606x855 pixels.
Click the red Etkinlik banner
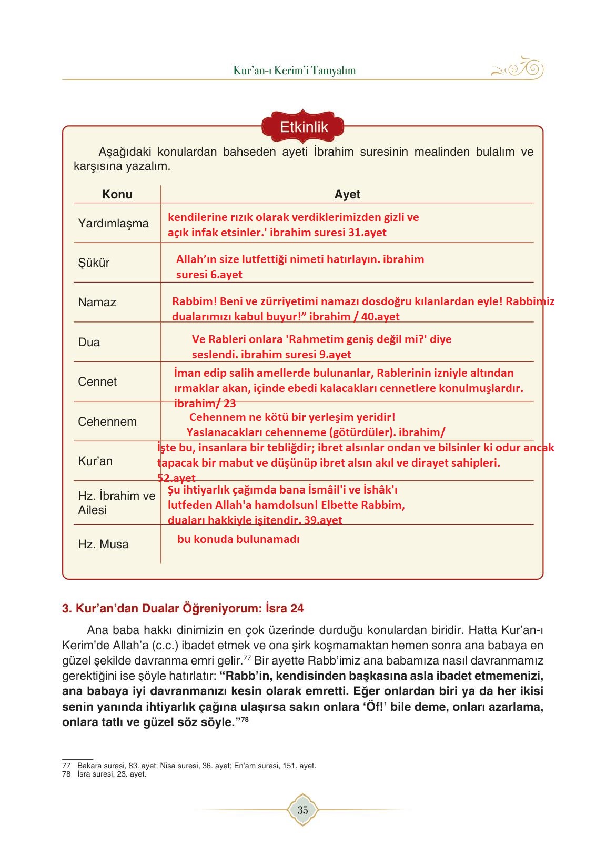(304, 127)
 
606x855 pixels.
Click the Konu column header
(117, 194)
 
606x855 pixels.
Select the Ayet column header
(347, 194)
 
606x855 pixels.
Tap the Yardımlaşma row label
(113, 223)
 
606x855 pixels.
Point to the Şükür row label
(94, 263)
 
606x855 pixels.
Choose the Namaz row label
(97, 302)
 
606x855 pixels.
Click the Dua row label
(89, 342)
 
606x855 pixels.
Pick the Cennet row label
(97, 381)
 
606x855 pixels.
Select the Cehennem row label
(107, 421)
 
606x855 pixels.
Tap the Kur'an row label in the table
(95, 461)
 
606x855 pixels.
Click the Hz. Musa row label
(103, 544)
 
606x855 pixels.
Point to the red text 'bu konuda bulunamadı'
(238, 539)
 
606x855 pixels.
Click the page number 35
(302, 810)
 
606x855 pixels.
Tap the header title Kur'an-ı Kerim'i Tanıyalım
(295, 70)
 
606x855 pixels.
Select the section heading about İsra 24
(183, 608)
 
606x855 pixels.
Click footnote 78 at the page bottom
(104, 774)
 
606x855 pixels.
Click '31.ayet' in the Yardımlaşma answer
(367, 232)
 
